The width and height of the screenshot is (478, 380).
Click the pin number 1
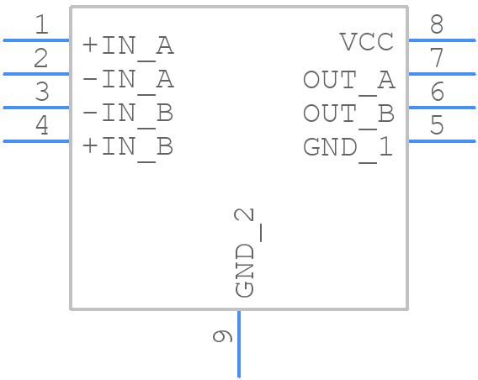tap(41, 25)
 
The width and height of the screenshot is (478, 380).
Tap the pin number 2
tap(41, 59)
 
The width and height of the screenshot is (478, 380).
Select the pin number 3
tap(41, 92)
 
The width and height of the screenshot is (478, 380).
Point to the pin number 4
tap(41, 126)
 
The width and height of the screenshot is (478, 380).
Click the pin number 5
tap(436, 126)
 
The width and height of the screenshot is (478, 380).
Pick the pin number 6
tap(436, 92)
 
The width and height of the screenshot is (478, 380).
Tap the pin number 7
tap(436, 59)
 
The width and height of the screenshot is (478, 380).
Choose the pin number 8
tap(436, 25)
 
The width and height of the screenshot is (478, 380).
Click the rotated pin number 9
tap(222, 337)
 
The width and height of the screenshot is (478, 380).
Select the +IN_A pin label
tap(128, 46)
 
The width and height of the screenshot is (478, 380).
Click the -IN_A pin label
tap(128, 80)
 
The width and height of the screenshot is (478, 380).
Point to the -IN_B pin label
tap(128, 113)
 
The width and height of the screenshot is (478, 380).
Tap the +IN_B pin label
tap(128, 147)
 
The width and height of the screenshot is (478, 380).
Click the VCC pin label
tap(366, 41)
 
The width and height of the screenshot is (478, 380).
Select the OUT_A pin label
tap(348, 80)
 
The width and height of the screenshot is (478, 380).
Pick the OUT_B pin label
tap(348, 113)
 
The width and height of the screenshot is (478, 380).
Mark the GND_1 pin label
tap(348, 147)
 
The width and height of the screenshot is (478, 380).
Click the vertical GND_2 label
tap(245, 252)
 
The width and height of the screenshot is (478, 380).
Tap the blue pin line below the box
tap(239, 345)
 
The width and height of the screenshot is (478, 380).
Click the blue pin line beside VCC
tap(442, 40)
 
